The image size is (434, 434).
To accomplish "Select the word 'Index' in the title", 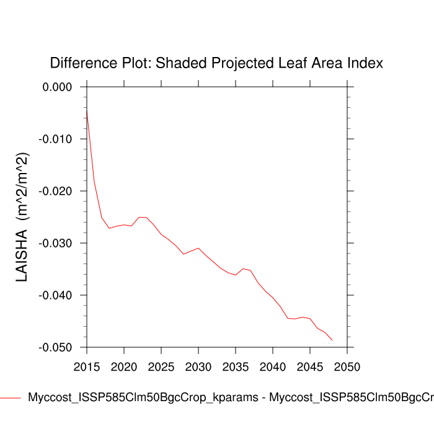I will pos(366,63).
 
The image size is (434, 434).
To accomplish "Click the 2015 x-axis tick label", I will pos(87,366).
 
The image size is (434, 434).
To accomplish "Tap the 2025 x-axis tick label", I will pos(161,366).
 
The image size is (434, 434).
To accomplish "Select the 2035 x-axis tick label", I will pos(236,366).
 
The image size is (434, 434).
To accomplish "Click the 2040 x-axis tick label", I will pos(273,366).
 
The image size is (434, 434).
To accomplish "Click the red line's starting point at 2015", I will pos(87,109).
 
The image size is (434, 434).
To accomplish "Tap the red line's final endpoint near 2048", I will pos(332,340).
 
